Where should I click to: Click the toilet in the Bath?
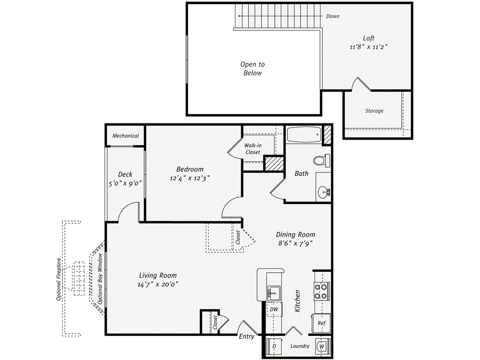pyautogui.click(x=321, y=160)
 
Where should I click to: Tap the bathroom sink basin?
pyautogui.click(x=322, y=192)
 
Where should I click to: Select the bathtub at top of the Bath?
pyautogui.click(x=303, y=135)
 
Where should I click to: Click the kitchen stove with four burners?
pyautogui.click(x=321, y=291)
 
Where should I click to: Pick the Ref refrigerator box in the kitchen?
pyautogui.click(x=321, y=323)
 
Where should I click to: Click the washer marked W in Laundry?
pyautogui.click(x=322, y=346)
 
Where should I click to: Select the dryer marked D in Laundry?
pyautogui.click(x=274, y=346)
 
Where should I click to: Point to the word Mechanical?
pyautogui.click(x=125, y=136)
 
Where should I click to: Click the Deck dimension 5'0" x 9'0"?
pyautogui.click(x=125, y=184)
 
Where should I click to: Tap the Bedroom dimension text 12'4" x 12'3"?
pyautogui.click(x=189, y=178)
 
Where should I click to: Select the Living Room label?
pyautogui.click(x=158, y=275)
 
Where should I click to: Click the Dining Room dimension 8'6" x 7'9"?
pyautogui.click(x=294, y=243)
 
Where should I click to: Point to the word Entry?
pyautogui.click(x=247, y=337)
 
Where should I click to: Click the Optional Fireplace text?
pyautogui.click(x=59, y=279)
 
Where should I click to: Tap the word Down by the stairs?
pyautogui.click(x=333, y=16)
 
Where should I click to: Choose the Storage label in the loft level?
pyautogui.click(x=374, y=111)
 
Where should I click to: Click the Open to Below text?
pyautogui.click(x=253, y=69)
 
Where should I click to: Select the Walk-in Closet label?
pyautogui.click(x=253, y=149)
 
